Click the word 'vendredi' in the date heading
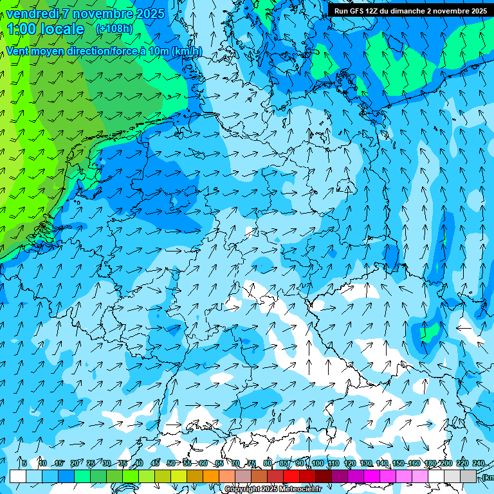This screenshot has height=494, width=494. (32, 14)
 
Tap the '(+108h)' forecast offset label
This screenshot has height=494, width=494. (114, 28)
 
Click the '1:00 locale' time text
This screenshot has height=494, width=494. (46, 29)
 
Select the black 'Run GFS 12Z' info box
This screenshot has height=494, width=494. (410, 11)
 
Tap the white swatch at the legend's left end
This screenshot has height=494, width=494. (18, 477)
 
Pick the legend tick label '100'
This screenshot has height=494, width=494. (317, 463)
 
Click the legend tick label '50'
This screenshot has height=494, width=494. (170, 463)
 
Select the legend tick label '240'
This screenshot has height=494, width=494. (478, 463)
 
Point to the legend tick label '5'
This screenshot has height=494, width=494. (24, 463)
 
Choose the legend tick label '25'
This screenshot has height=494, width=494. (90, 463)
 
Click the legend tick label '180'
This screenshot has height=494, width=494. (429, 463)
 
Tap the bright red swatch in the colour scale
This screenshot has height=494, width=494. (291, 477)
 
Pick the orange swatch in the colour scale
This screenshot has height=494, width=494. (211, 477)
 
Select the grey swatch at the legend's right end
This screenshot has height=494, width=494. (468, 477)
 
